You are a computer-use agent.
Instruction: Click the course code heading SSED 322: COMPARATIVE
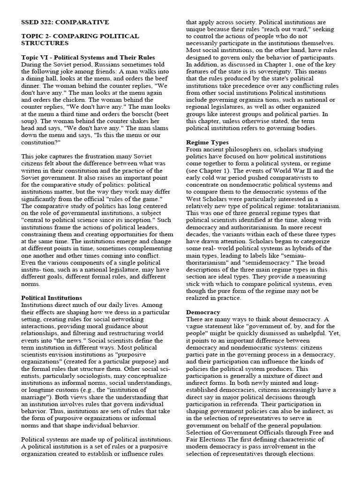(x=65, y=22)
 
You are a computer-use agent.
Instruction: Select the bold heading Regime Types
(x=207, y=142)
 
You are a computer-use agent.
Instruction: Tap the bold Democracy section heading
(x=203, y=312)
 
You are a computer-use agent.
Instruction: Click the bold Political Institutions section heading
(x=52, y=298)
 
